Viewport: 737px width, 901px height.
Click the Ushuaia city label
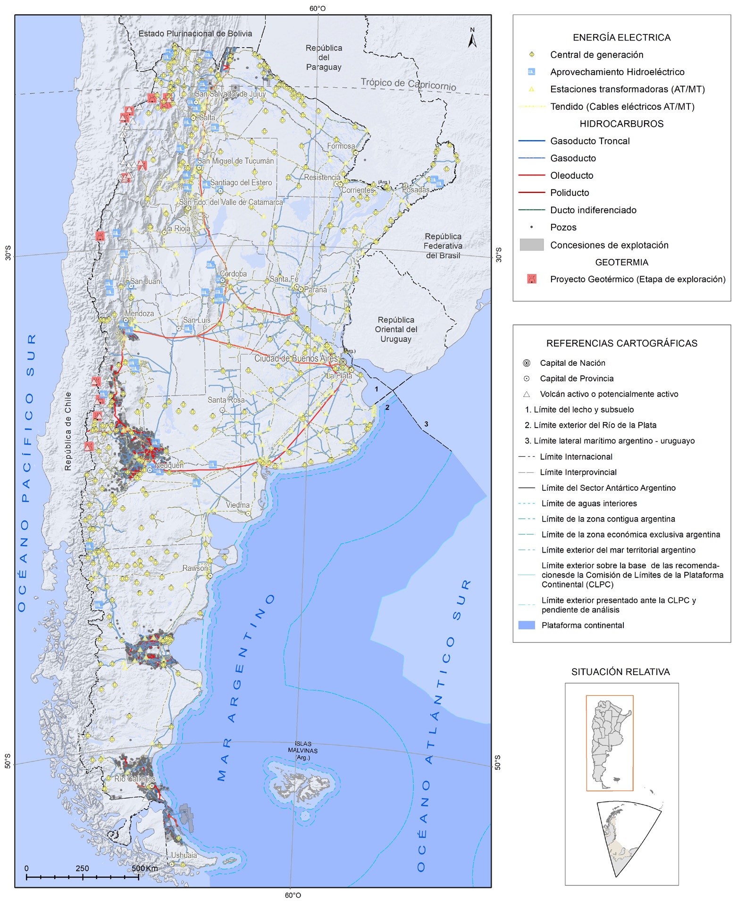click(x=184, y=855)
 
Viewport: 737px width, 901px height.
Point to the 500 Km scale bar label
click(x=145, y=868)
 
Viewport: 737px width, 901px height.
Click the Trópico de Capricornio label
click(x=409, y=84)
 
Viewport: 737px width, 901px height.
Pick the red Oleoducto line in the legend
click(x=531, y=175)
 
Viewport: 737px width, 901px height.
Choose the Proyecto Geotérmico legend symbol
click(x=532, y=279)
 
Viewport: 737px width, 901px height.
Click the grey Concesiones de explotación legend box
click(x=531, y=245)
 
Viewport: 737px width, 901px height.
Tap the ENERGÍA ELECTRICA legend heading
click(x=621, y=38)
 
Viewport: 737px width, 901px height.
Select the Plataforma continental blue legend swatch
click(x=527, y=625)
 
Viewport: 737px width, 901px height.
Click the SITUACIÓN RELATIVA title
click(x=620, y=672)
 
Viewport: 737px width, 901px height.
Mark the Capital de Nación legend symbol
click(x=527, y=363)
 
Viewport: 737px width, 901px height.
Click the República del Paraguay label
click(x=324, y=58)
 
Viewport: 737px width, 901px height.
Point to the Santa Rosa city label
click(x=226, y=400)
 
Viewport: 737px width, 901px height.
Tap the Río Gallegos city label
click(x=134, y=779)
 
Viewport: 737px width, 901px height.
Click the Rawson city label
click(x=195, y=568)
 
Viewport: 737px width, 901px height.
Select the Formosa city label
click(x=341, y=146)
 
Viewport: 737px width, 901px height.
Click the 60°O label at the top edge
click(x=318, y=8)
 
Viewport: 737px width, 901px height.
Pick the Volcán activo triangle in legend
click(x=527, y=394)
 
